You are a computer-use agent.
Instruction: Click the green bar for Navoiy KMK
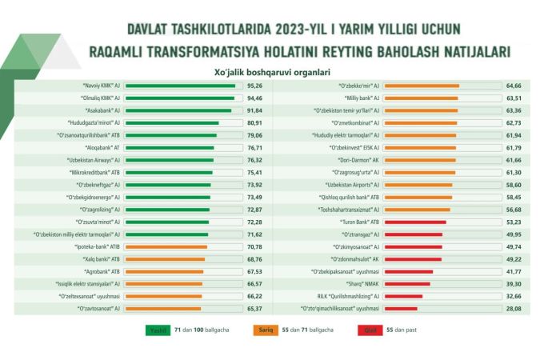tap(181, 85)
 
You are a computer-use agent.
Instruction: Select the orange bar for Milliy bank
tap(421, 98)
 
